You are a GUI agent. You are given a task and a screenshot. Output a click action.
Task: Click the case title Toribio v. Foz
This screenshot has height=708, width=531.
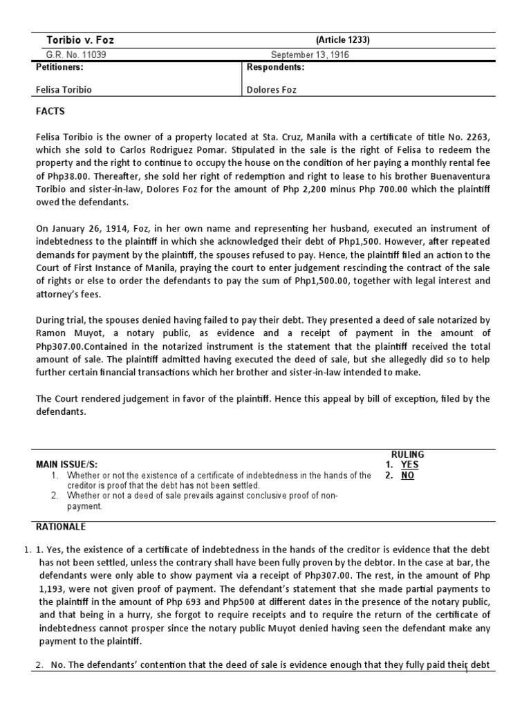80,40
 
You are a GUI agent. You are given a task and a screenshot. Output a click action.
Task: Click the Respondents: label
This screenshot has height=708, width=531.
275,68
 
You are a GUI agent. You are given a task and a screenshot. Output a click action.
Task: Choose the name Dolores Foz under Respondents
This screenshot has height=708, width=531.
272,90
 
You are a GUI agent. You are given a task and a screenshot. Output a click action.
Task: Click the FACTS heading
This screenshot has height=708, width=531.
50,112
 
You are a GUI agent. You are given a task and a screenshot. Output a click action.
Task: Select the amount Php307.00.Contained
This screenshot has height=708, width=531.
76,346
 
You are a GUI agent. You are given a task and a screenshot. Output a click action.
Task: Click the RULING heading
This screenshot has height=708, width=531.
407,454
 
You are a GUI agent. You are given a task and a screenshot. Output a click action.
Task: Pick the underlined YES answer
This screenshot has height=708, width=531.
410,465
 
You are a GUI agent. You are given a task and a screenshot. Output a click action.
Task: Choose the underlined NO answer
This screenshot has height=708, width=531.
407,476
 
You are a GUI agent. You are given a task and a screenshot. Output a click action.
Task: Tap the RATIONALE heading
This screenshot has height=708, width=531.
61,527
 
